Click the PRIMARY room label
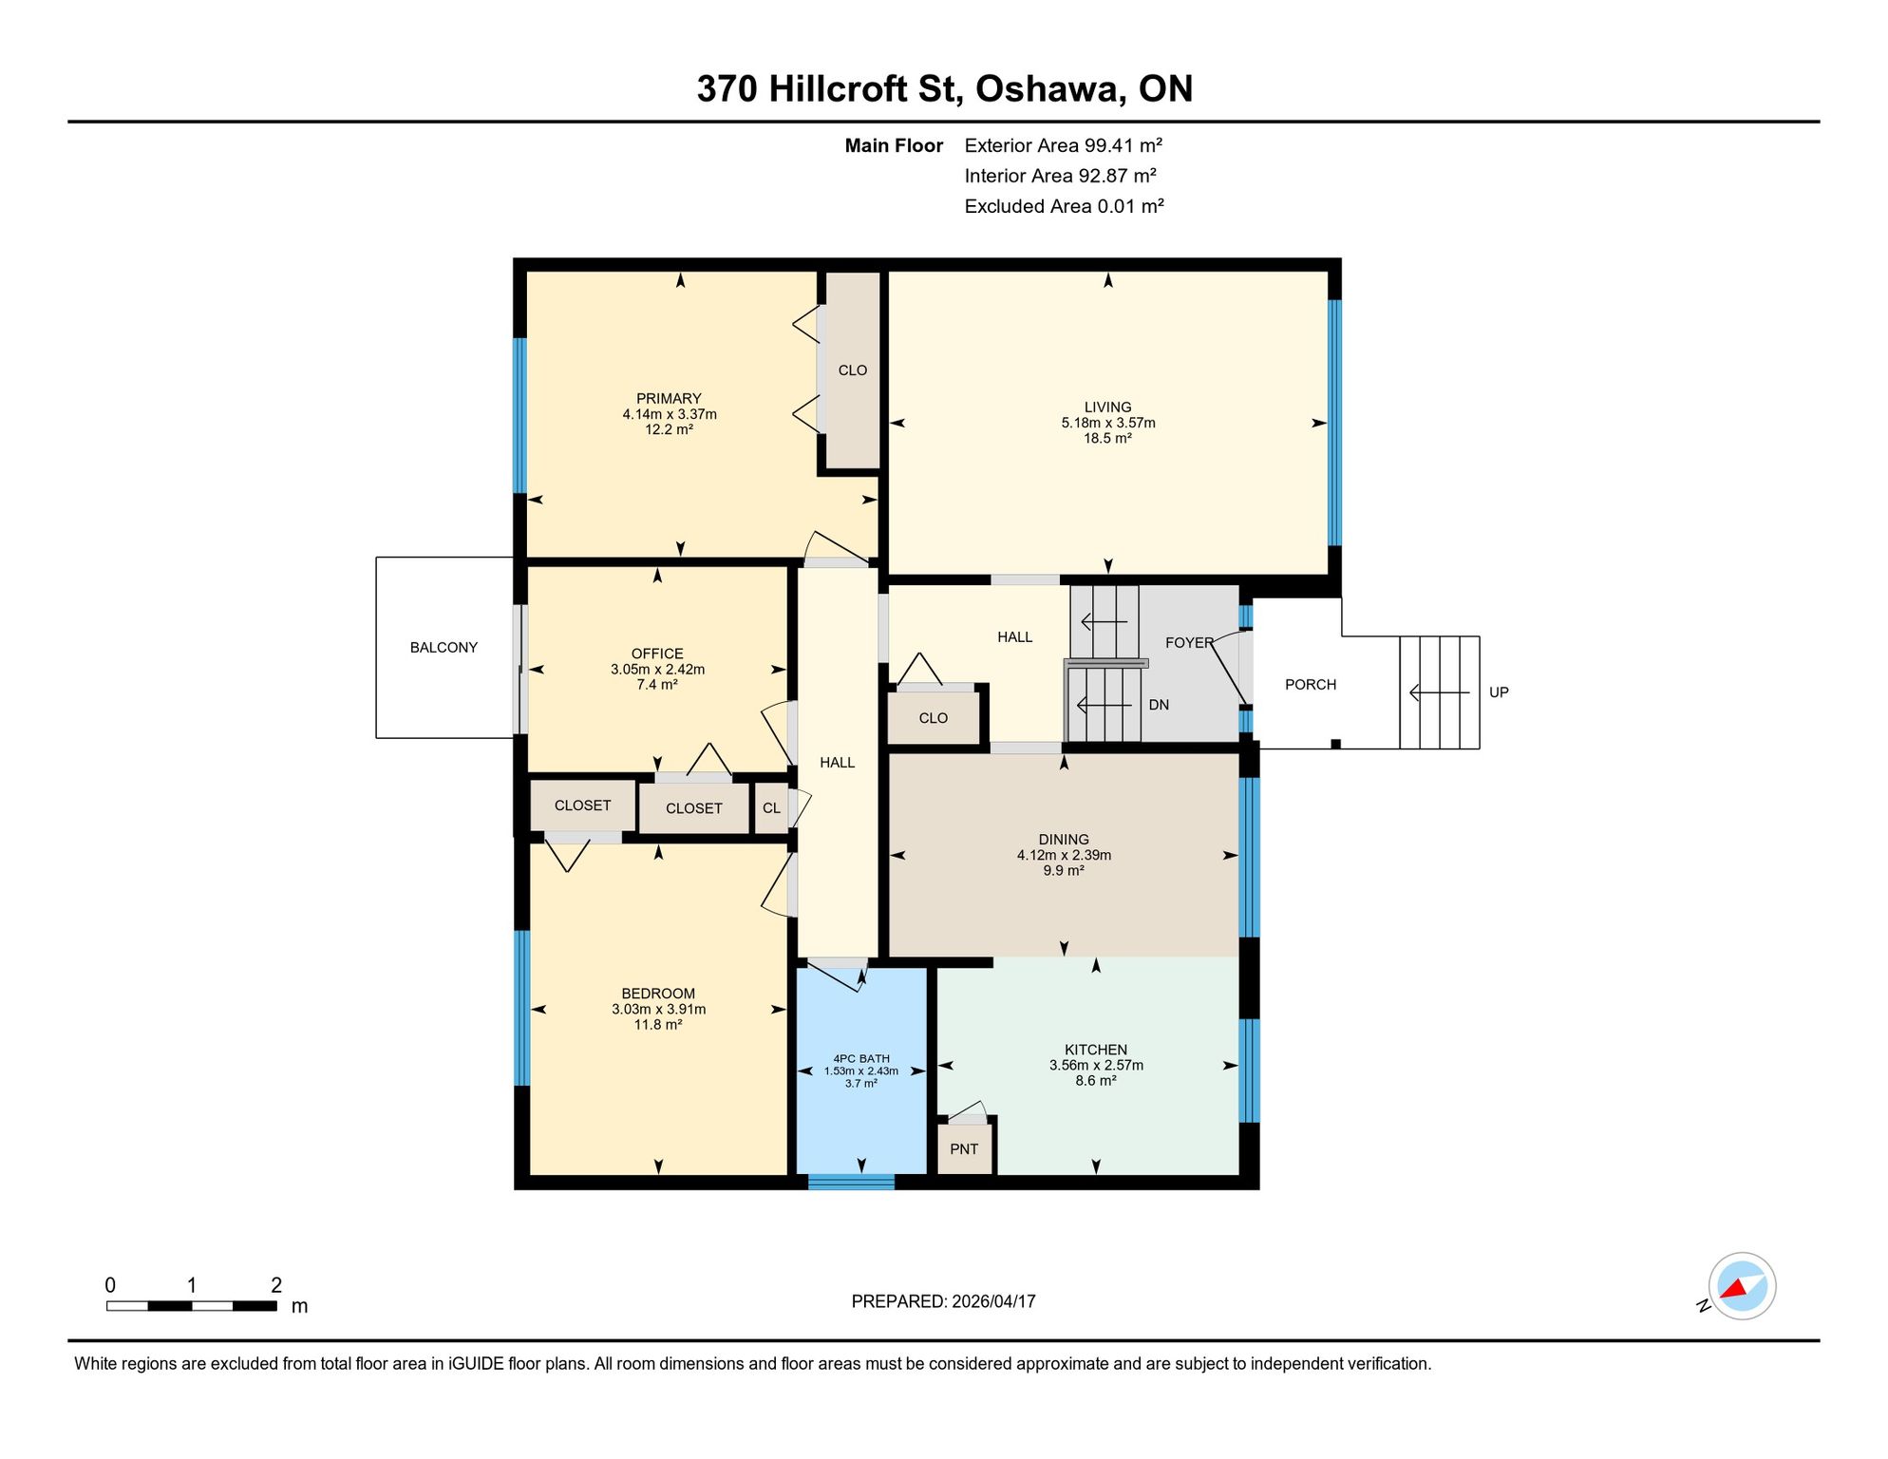[x=669, y=399]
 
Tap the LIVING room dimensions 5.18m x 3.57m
[x=1108, y=423]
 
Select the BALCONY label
[x=444, y=648]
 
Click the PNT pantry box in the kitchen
[x=964, y=1148]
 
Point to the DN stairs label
[x=1159, y=705]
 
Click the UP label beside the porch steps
[x=1499, y=692]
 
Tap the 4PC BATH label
[x=861, y=1058]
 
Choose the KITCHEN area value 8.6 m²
[x=1096, y=1081]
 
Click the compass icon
[x=1742, y=1286]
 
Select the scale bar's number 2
[x=276, y=1285]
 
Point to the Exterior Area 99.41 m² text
[x=1064, y=145]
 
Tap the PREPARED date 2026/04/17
[x=993, y=1301]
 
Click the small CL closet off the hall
[x=771, y=808]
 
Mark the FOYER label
[x=1189, y=643]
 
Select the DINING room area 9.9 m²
[x=1064, y=870]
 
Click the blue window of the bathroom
[x=851, y=1183]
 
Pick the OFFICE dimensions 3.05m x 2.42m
[x=657, y=670]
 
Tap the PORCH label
[x=1311, y=685]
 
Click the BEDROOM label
[x=658, y=994]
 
